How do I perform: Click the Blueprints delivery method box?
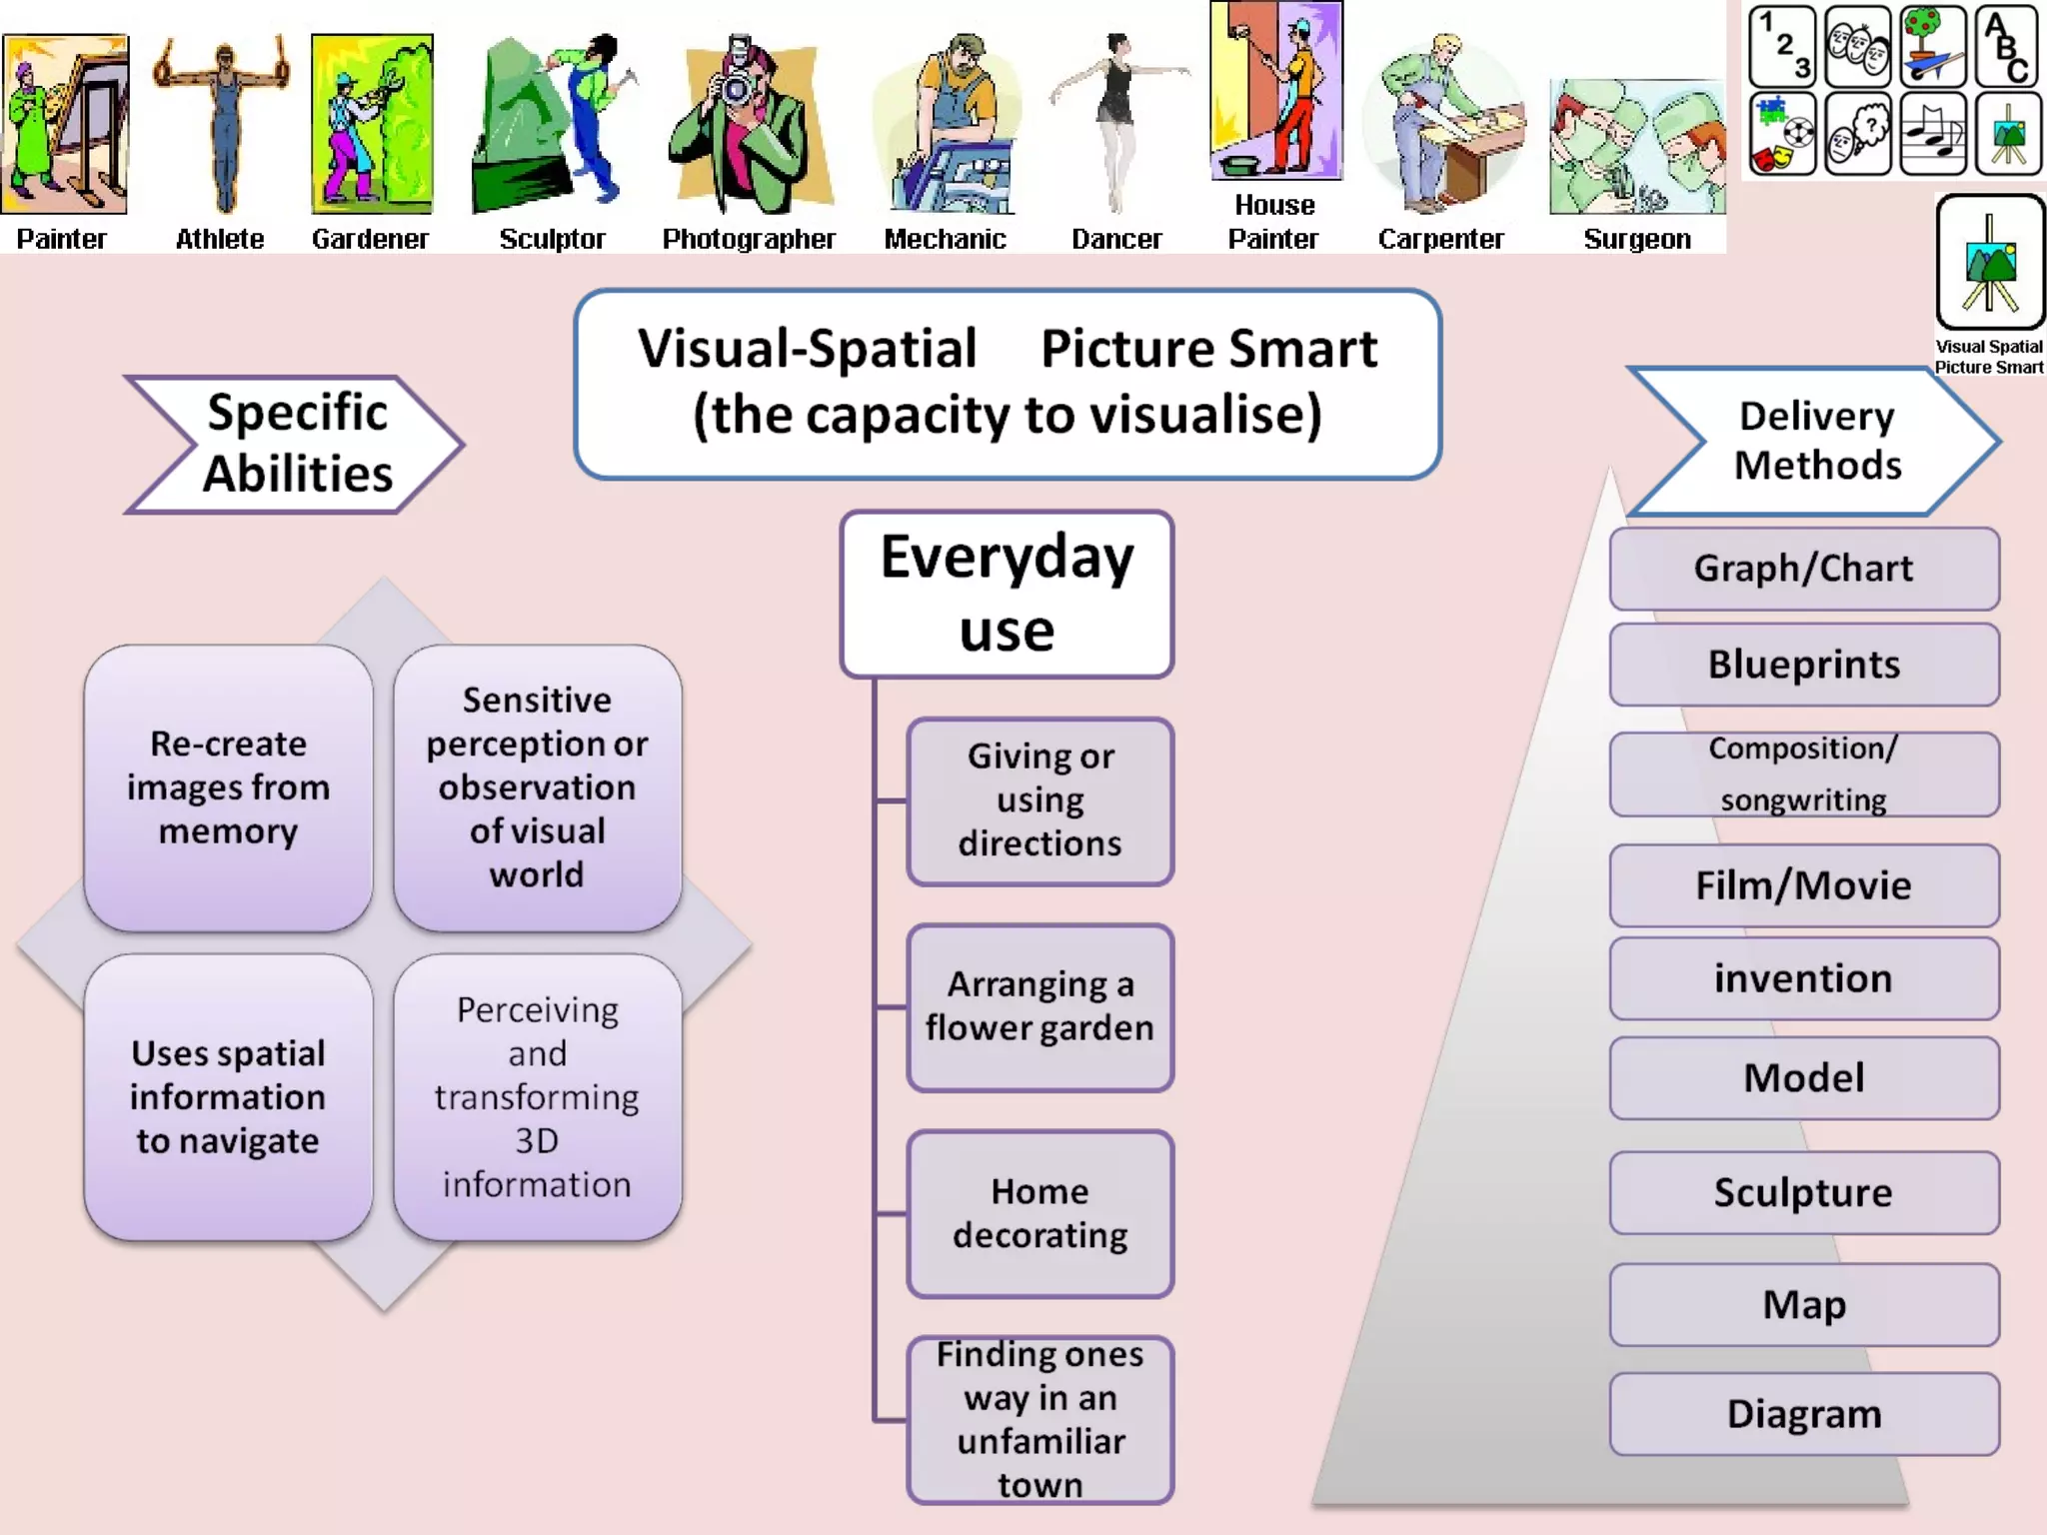coord(1804,665)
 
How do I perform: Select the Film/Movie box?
coord(1804,885)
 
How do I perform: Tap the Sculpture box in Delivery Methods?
coord(1804,1192)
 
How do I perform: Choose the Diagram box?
coord(1804,1413)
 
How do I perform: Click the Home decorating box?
coord(1040,1213)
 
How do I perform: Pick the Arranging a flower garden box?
coord(1040,1006)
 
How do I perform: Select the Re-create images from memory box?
coord(229,787)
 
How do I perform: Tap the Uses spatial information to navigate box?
coord(229,1096)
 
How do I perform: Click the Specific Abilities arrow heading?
coord(295,444)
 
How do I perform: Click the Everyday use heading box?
coord(1008,594)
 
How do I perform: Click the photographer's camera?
coord(738,88)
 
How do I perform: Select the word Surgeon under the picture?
coord(1637,239)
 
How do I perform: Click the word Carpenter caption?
coord(1440,239)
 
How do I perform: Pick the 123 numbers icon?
coord(1782,46)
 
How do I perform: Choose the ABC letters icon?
coord(2007,46)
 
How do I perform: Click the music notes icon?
coord(1932,134)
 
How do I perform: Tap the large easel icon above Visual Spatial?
coord(1990,263)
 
